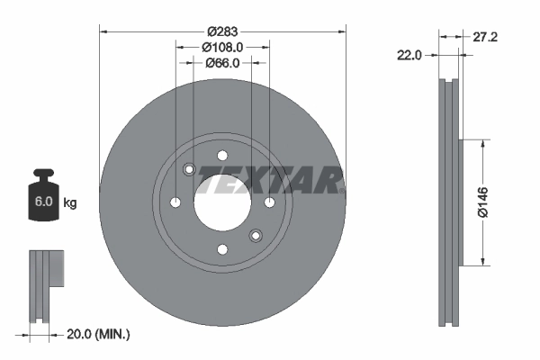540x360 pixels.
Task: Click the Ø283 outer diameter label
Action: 220,30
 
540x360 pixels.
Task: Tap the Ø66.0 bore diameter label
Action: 221,62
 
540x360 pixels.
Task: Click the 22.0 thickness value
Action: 409,55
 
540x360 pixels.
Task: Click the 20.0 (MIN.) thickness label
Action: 99,334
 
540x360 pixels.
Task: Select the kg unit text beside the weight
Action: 69,203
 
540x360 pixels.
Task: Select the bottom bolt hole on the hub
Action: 221,249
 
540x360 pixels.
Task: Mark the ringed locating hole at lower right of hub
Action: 255,236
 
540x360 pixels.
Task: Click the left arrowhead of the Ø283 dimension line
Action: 102,31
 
